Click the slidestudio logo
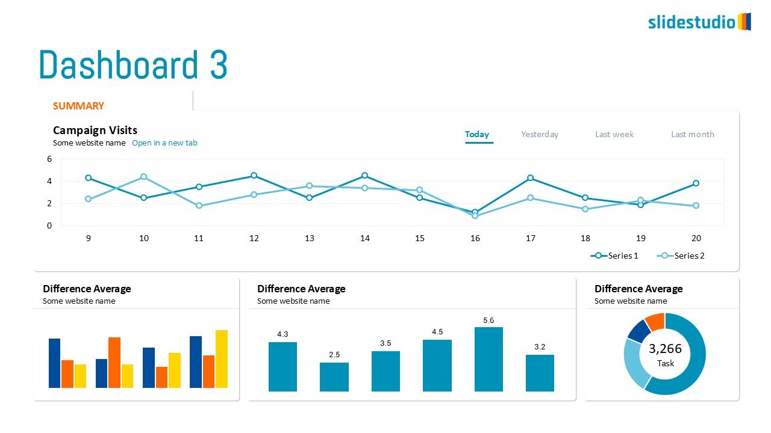[699, 22]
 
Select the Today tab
[477, 134]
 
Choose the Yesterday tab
[540, 134]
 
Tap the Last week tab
[614, 134]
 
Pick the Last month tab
[693, 134]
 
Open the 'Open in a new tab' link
[164, 143]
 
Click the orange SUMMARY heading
[78, 106]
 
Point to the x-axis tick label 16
[475, 238]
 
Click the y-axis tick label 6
[49, 159]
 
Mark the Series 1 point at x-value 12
[254, 176]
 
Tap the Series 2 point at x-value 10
[143, 177]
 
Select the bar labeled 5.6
[489, 359]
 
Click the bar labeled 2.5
[334, 376]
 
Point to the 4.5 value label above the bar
[437, 332]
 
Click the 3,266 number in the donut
[665, 349]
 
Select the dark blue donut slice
[639, 331]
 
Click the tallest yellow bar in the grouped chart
[222, 358]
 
